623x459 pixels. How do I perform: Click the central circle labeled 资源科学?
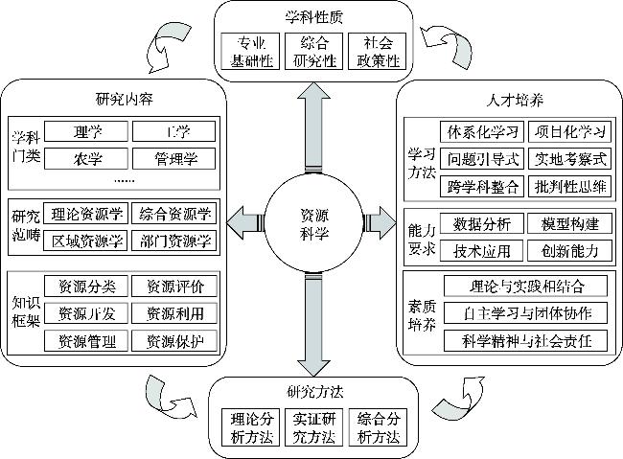311,223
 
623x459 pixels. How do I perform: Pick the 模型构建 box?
569,223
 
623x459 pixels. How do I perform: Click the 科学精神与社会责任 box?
526,340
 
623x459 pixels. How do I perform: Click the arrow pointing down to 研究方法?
312,326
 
